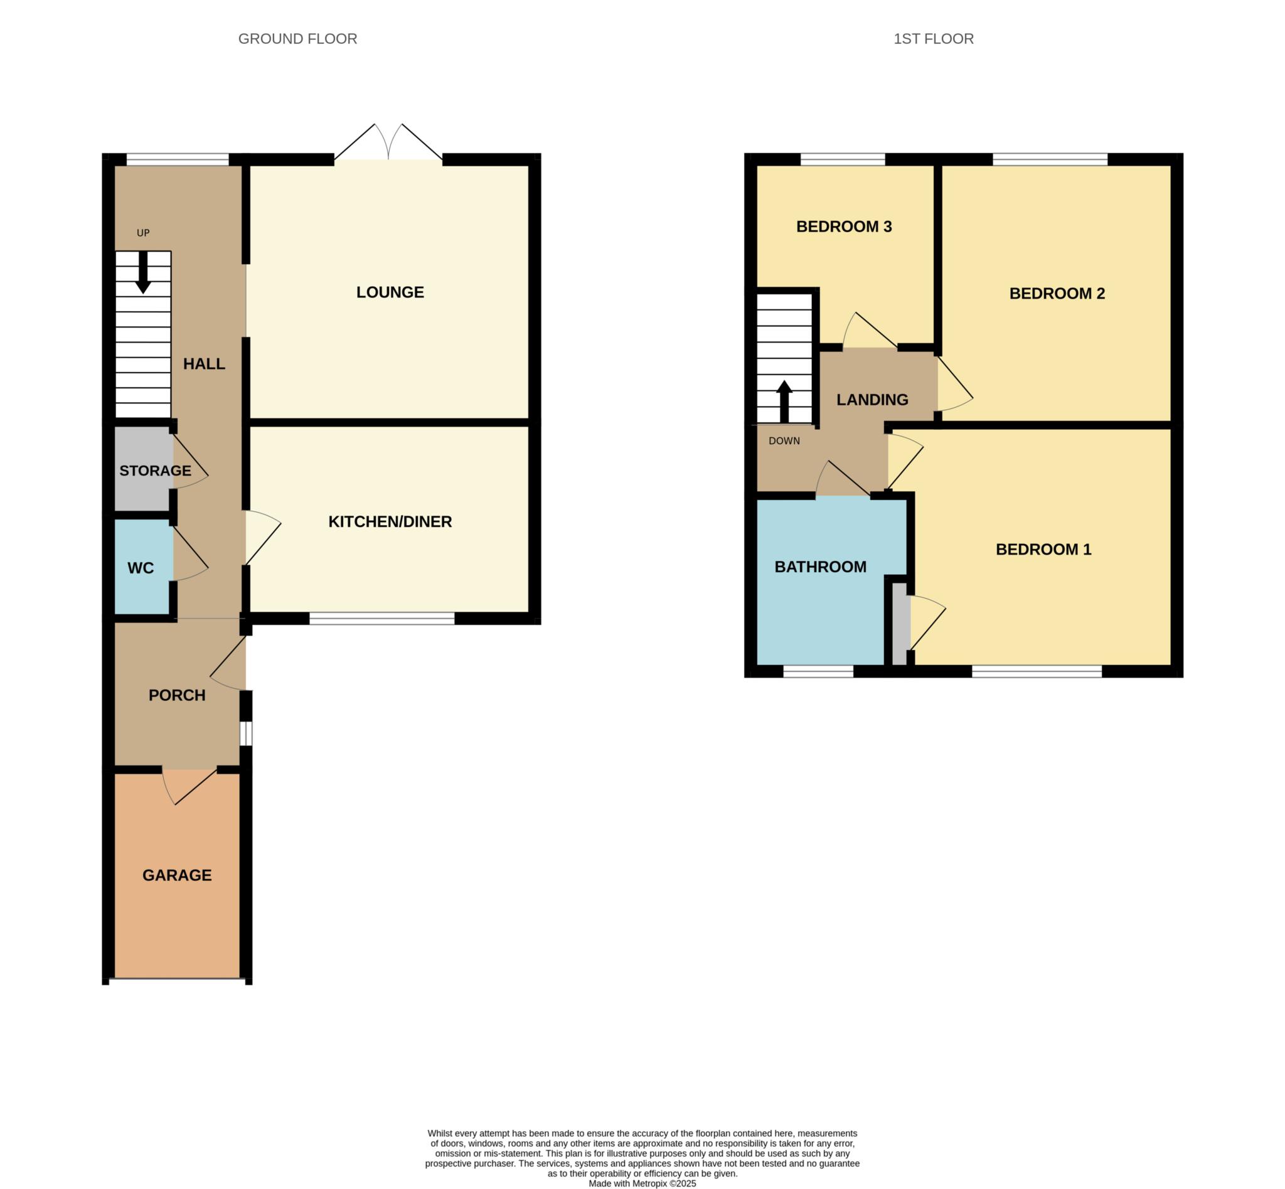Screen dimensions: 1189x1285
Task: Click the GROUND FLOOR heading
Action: point(297,40)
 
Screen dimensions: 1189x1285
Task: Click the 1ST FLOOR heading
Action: point(933,40)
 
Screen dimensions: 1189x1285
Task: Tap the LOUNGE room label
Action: point(390,292)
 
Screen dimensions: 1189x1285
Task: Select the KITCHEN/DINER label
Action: point(390,522)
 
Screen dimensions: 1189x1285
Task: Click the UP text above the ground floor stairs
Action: point(143,233)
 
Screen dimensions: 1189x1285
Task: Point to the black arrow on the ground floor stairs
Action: point(143,272)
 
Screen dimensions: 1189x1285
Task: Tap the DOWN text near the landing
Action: point(784,441)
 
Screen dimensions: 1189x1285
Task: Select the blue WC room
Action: point(141,568)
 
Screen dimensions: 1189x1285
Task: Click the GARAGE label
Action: point(177,875)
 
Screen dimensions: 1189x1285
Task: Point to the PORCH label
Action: point(177,695)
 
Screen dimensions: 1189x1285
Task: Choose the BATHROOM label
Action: point(820,567)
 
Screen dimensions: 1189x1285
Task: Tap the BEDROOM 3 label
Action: point(843,227)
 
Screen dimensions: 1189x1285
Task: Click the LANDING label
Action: point(872,400)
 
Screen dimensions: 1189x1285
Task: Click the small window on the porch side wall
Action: point(246,733)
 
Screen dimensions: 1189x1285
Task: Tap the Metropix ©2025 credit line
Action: point(641,1183)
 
